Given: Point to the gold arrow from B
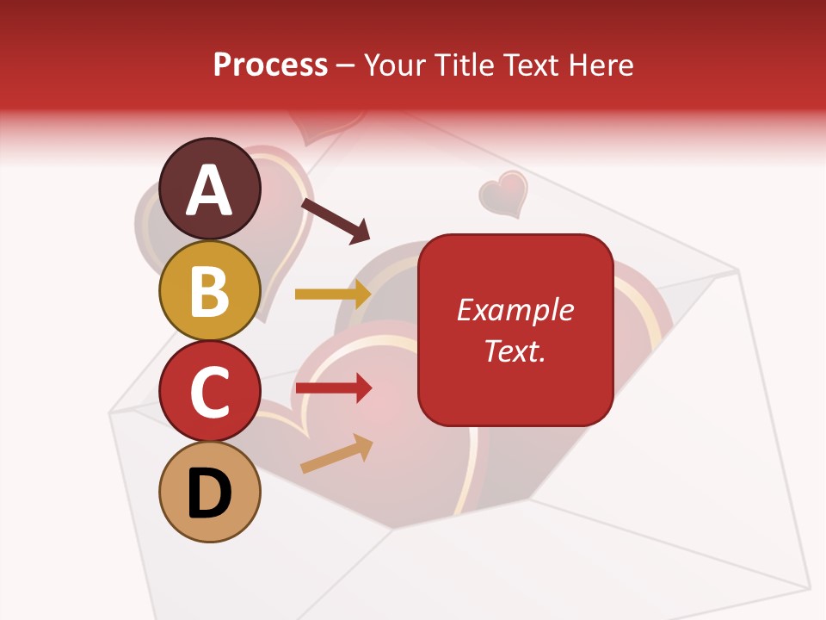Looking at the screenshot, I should tap(333, 294).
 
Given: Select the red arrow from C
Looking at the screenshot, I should tap(333, 388).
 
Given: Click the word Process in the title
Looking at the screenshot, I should tap(270, 65).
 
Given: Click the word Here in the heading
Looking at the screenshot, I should tap(601, 65).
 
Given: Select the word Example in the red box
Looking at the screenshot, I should tap(515, 310).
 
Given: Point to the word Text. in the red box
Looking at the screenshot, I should tap(515, 350).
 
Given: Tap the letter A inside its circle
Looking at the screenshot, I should tap(210, 189).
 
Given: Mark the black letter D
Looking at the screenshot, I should tap(210, 493).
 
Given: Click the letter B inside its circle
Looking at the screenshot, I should tap(210, 290).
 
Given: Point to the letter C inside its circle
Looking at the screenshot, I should tap(210, 392).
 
